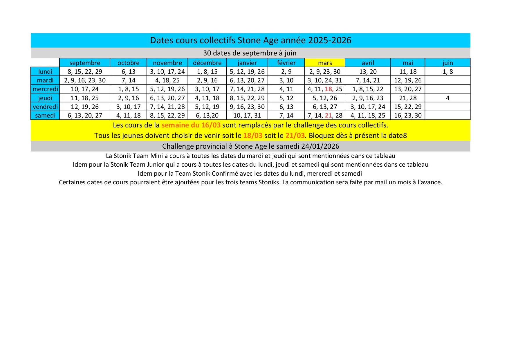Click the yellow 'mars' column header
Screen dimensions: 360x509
325,63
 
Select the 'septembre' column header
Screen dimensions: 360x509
85,63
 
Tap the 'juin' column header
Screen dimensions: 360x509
447,63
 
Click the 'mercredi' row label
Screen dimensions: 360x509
45,89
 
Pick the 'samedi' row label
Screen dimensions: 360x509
45,115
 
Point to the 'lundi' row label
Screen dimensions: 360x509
45,71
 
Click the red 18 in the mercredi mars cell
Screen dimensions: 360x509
329,89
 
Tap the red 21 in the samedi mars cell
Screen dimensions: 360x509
328,115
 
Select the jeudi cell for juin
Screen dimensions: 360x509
447,98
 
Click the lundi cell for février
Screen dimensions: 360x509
286,71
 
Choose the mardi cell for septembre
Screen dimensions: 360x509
85,80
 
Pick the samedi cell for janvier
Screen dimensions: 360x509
247,115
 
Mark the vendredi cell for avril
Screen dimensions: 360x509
368,107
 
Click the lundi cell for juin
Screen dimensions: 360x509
447,71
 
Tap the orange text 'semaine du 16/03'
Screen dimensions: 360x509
191,125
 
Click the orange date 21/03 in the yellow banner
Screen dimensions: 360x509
295,136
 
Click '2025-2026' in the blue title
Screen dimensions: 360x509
330,40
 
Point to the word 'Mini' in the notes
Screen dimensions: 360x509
156,156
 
